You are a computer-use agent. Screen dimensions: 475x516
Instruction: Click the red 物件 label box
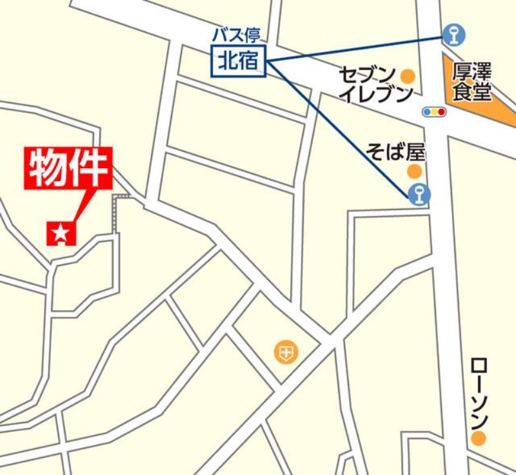[70, 169]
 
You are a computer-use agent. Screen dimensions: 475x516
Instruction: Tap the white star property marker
[61, 233]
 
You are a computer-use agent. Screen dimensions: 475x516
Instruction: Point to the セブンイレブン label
[376, 84]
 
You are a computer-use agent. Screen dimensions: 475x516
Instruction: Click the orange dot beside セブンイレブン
[408, 76]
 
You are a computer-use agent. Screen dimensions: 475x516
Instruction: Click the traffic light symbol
[434, 112]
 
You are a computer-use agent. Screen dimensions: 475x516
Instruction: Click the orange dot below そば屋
[414, 171]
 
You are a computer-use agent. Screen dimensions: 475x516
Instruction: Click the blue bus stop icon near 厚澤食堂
[454, 34]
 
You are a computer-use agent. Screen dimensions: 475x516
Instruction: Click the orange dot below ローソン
[478, 440]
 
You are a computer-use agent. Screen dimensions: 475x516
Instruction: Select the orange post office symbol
[286, 351]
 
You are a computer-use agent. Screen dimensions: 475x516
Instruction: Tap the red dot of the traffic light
[442, 112]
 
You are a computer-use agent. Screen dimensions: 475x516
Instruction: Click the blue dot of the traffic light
[427, 112]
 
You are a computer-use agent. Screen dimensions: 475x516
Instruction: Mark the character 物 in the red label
[50, 169]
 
